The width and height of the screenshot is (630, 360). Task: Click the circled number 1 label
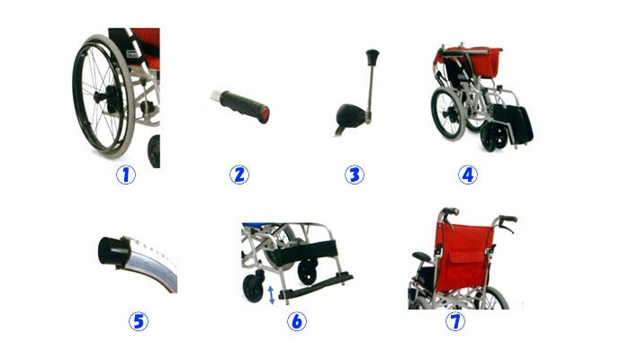(126, 175)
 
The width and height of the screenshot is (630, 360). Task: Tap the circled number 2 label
(239, 175)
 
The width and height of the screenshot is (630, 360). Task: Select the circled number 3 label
(355, 175)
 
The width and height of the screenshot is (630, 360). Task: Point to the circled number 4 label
(468, 175)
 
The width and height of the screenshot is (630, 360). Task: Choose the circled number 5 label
(139, 321)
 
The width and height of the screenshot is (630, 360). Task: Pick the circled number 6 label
(297, 321)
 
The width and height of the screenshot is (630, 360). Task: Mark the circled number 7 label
(455, 321)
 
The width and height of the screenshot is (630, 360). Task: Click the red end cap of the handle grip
(264, 116)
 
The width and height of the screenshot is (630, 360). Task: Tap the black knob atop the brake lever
(373, 55)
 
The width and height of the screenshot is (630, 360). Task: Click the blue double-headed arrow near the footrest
(272, 294)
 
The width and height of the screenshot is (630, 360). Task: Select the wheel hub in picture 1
(104, 97)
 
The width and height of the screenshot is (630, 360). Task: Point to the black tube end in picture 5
(112, 251)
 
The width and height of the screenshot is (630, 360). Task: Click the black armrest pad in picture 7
(421, 256)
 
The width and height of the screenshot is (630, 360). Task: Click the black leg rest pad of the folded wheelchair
(513, 124)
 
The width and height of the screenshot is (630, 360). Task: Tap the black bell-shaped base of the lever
(350, 116)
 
